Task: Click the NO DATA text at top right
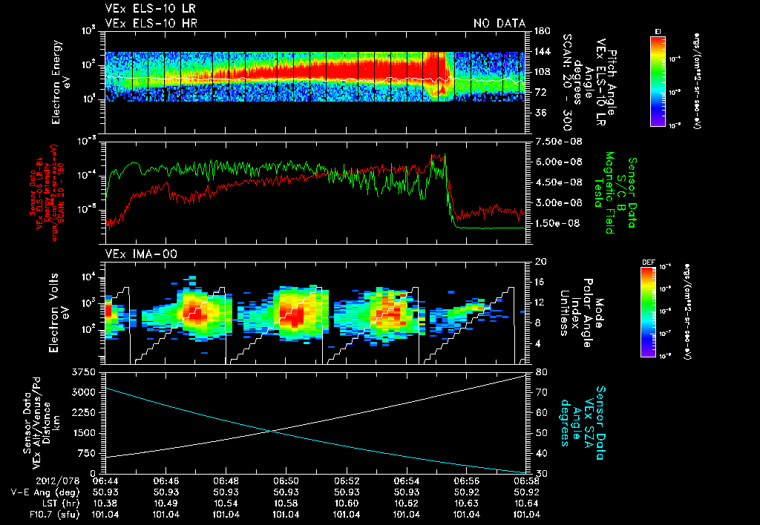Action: tap(499, 23)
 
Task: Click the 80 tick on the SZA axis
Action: tap(540, 371)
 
